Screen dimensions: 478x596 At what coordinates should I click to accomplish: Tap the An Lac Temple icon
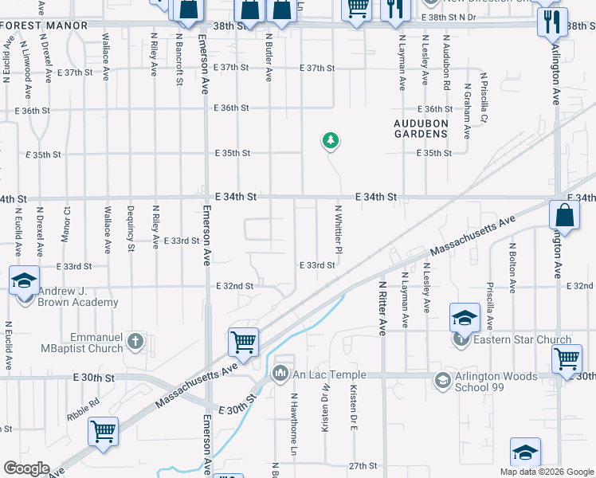(x=280, y=373)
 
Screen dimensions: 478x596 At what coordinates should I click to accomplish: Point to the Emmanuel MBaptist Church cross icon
(x=135, y=343)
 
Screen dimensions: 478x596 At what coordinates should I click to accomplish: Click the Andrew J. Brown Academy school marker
(x=24, y=281)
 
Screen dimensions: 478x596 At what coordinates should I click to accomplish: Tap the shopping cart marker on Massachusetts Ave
(x=243, y=342)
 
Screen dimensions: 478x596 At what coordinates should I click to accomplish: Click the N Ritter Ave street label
(x=382, y=308)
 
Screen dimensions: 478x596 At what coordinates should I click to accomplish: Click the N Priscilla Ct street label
(x=483, y=96)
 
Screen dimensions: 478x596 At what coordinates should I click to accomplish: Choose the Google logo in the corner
(x=26, y=468)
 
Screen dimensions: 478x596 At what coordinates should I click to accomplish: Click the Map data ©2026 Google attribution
(x=547, y=472)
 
